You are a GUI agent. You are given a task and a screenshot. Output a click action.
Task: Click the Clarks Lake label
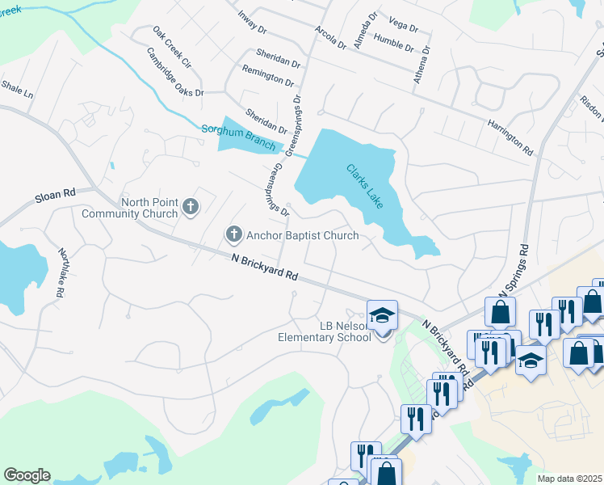pyautogui.click(x=364, y=187)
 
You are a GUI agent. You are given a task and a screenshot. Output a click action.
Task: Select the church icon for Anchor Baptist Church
pyautogui.click(x=234, y=235)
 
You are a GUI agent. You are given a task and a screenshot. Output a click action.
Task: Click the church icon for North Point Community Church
pyautogui.click(x=191, y=208)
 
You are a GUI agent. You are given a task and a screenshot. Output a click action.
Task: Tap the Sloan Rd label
pyautogui.click(x=54, y=194)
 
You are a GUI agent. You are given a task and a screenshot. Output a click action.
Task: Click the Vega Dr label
pyautogui.click(x=403, y=27)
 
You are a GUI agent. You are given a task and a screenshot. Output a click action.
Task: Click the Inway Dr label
pyautogui.click(x=252, y=22)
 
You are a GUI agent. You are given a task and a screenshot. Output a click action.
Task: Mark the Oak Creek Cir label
pyautogui.click(x=171, y=46)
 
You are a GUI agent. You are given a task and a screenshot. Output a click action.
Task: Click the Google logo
pyautogui.click(x=27, y=475)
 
